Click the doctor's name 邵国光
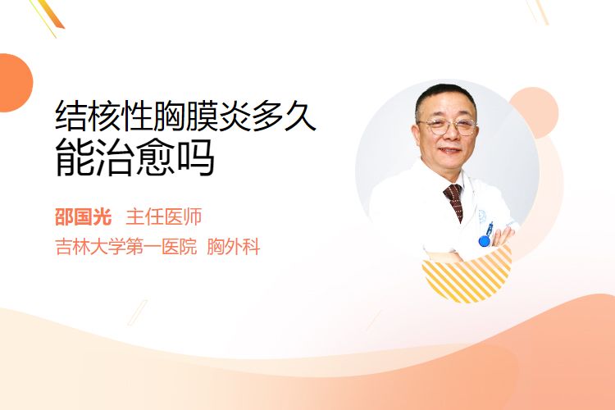[83, 217]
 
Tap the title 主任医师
[164, 217]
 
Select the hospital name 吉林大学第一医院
[126, 247]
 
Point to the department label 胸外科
[234, 247]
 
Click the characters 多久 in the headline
[284, 116]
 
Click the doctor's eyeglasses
[448, 126]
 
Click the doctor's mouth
[449, 150]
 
